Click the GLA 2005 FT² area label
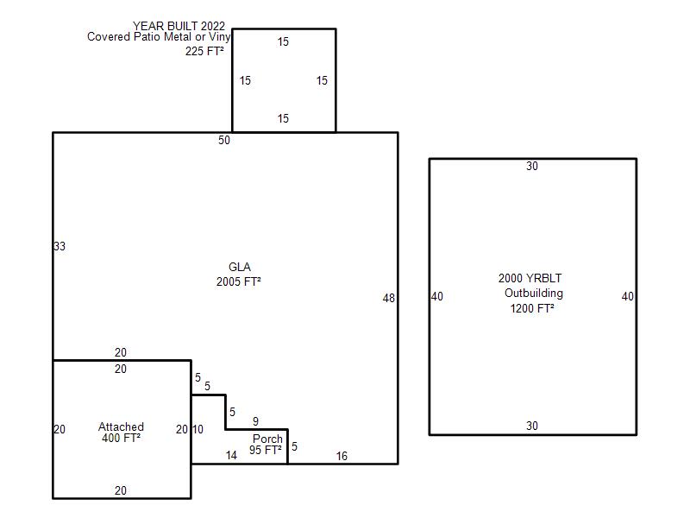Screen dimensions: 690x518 pyautogui.click(x=239, y=275)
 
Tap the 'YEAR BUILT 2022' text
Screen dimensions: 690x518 pyautogui.click(x=179, y=26)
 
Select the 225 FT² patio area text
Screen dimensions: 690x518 pyautogui.click(x=204, y=51)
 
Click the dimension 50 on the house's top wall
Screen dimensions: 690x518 pyautogui.click(x=224, y=140)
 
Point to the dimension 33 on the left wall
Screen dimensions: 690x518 pyautogui.click(x=60, y=246)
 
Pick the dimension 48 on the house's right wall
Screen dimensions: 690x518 pyautogui.click(x=389, y=298)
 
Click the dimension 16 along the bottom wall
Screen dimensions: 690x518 pyautogui.click(x=342, y=457)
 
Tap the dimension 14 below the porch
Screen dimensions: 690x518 pyautogui.click(x=231, y=456)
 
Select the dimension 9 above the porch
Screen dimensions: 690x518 pyautogui.click(x=255, y=421)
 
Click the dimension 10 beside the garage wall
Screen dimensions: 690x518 pyautogui.click(x=198, y=429)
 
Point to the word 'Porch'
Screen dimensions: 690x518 pyautogui.click(x=267, y=439)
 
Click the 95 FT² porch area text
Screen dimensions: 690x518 pyautogui.click(x=266, y=450)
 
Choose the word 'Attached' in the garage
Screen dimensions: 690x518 pyautogui.click(x=121, y=426)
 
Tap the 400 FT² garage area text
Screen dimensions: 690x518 pyautogui.click(x=121, y=438)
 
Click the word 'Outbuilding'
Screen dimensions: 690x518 pyautogui.click(x=534, y=294)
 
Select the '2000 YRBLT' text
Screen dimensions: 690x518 pyautogui.click(x=530, y=278)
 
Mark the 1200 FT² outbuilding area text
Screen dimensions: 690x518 pyautogui.click(x=532, y=308)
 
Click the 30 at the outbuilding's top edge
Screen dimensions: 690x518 pyautogui.click(x=532, y=166)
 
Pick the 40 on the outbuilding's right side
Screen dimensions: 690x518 pyautogui.click(x=628, y=296)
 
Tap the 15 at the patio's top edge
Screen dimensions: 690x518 pyautogui.click(x=283, y=41)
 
